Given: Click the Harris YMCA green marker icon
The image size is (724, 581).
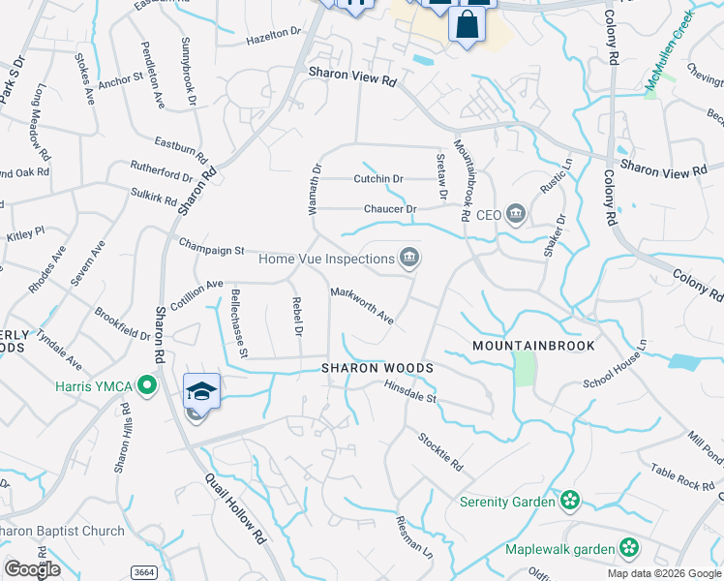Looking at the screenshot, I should (147, 386).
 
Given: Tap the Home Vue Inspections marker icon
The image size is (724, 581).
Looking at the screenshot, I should (409, 258).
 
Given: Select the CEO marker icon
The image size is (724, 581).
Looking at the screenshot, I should (516, 214).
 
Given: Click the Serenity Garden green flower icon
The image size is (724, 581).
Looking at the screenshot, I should (571, 501).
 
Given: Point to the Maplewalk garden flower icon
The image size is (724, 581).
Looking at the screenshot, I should (629, 548).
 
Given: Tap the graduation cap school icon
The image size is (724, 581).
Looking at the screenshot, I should (202, 391).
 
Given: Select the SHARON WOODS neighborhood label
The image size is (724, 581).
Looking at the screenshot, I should (377, 369).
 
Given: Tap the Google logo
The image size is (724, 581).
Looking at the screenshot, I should (32, 569).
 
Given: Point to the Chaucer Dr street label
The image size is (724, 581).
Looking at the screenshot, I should (390, 209).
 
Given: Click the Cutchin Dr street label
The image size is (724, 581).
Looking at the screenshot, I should (378, 179).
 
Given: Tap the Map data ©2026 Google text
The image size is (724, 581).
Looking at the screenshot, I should (664, 574).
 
